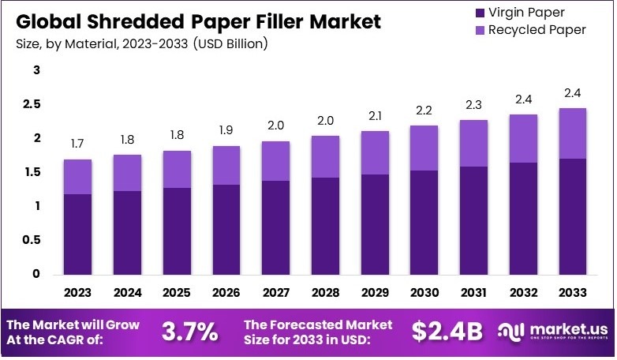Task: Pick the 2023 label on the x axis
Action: [x=77, y=293]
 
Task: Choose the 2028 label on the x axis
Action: [x=325, y=293]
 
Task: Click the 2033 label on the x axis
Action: [x=573, y=293]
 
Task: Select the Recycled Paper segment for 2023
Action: [x=77, y=177]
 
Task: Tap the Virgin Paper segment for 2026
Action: [x=226, y=230]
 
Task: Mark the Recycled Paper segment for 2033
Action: [x=573, y=133]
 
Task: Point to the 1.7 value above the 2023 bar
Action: [x=77, y=144]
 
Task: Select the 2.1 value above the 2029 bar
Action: [x=375, y=116]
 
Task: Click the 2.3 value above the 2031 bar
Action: [x=474, y=105]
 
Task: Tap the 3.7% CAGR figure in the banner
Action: [x=190, y=332]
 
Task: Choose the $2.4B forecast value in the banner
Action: [x=447, y=332]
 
